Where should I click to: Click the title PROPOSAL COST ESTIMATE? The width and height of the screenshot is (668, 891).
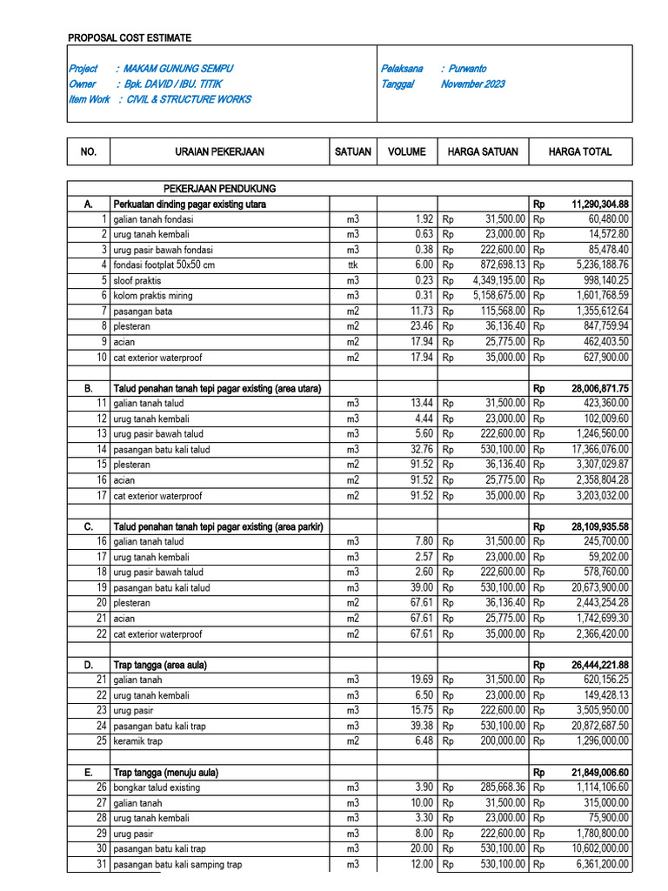point(130,38)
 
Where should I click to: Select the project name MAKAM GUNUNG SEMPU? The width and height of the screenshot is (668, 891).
point(178,68)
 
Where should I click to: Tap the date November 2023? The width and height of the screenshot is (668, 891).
point(472,84)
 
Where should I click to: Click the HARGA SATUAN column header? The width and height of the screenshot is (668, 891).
point(483,151)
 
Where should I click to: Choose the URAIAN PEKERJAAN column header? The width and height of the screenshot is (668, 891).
point(219,151)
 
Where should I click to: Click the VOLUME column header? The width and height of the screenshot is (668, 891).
point(407,151)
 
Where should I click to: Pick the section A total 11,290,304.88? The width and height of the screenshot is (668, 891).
point(600,204)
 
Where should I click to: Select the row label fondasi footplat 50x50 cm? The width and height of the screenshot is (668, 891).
point(164,265)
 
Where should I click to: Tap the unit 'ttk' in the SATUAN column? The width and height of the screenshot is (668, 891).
point(352,265)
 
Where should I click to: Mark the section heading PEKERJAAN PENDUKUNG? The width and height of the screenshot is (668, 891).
point(220,188)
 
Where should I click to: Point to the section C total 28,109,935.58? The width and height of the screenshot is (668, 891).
point(600,526)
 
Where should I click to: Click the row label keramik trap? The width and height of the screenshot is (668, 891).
point(137,741)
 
